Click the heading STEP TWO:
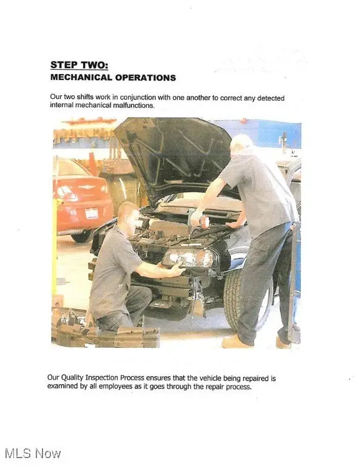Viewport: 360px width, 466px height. [x=80, y=65]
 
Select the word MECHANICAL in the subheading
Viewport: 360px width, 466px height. [x=81, y=78]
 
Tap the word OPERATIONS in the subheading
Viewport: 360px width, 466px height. [x=145, y=78]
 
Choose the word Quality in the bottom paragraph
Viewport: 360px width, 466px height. [x=72, y=378]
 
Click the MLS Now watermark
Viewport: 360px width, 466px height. [x=33, y=454]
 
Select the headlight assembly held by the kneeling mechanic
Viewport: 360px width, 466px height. [x=189, y=258]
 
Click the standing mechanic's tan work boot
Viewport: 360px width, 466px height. [x=237, y=342]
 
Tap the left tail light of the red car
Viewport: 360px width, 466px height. [x=67, y=192]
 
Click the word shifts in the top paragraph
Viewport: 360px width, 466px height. [x=86, y=97]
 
